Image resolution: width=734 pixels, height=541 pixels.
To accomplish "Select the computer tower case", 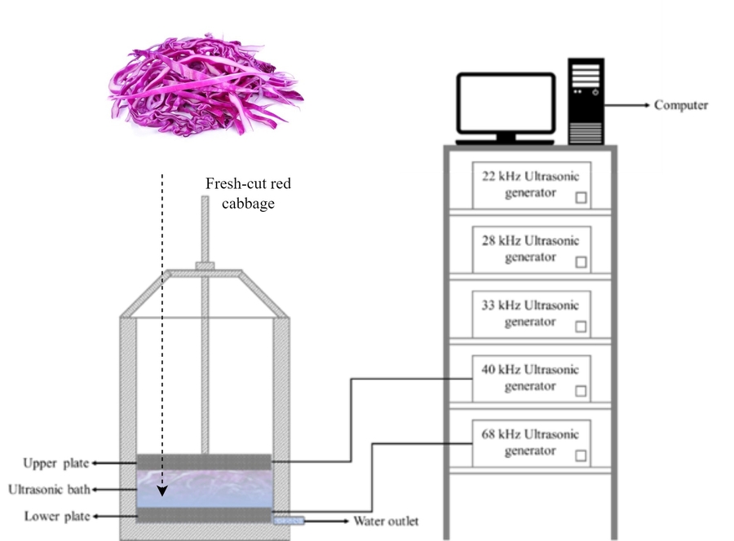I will pyautogui.click(x=586, y=99).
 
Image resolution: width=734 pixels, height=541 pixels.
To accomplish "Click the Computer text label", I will pyautogui.click(x=681, y=105).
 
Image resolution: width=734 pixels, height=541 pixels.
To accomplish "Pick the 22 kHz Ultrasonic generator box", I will pyautogui.click(x=530, y=185).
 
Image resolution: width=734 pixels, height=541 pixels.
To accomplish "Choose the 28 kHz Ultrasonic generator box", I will pyautogui.click(x=530, y=249).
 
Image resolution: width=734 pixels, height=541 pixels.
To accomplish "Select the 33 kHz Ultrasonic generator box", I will pyautogui.click(x=530, y=314).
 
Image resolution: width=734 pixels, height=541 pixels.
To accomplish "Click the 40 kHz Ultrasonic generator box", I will pyautogui.click(x=530, y=379).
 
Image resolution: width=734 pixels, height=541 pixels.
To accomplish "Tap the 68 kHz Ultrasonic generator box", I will pyautogui.click(x=530, y=442).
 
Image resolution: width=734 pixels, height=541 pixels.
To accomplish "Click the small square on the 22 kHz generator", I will pyautogui.click(x=581, y=198).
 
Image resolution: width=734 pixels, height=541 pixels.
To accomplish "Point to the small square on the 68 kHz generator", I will pyautogui.click(x=581, y=455).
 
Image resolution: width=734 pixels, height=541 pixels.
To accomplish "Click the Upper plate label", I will pyautogui.click(x=55, y=463).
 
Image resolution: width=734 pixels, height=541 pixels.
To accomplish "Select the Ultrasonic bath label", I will pyautogui.click(x=48, y=490).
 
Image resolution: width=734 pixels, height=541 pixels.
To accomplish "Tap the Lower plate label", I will pyautogui.click(x=55, y=516).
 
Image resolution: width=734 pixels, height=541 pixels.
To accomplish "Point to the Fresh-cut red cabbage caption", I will pyautogui.click(x=248, y=194).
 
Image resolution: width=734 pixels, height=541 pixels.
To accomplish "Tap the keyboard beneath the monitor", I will pyautogui.click(x=505, y=143).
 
